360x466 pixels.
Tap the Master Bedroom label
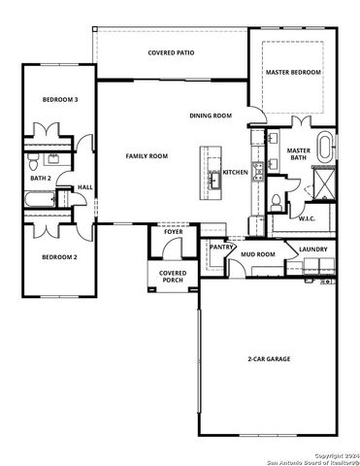293,71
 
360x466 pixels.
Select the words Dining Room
210,116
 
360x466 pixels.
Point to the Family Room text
147,155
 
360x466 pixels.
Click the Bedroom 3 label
59,100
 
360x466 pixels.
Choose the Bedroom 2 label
59,256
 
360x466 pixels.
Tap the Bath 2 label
41,178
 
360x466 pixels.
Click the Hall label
84,186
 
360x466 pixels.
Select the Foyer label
173,233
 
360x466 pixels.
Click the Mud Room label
258,254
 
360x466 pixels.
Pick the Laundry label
312,250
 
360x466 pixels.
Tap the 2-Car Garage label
268,359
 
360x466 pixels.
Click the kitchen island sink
212,179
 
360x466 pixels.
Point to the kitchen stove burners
257,172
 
